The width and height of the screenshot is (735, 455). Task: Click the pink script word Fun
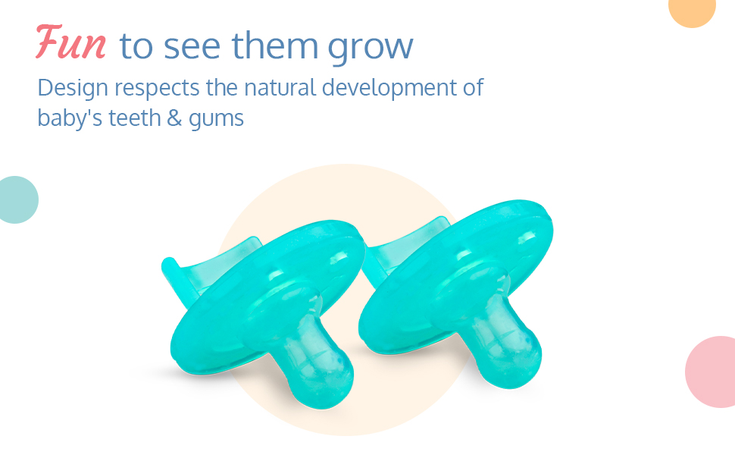[x=71, y=42]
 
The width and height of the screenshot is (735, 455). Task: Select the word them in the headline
[x=275, y=45]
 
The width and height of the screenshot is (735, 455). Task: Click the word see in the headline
[x=192, y=47]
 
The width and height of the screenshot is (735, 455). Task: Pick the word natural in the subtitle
[x=280, y=87]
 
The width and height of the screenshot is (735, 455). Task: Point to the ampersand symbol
[x=174, y=118]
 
